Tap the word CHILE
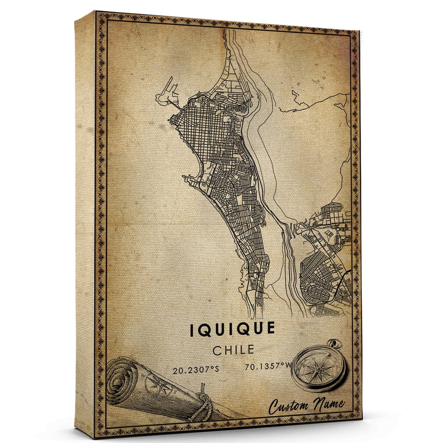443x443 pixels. [233, 350]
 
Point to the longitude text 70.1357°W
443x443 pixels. [262, 367]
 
